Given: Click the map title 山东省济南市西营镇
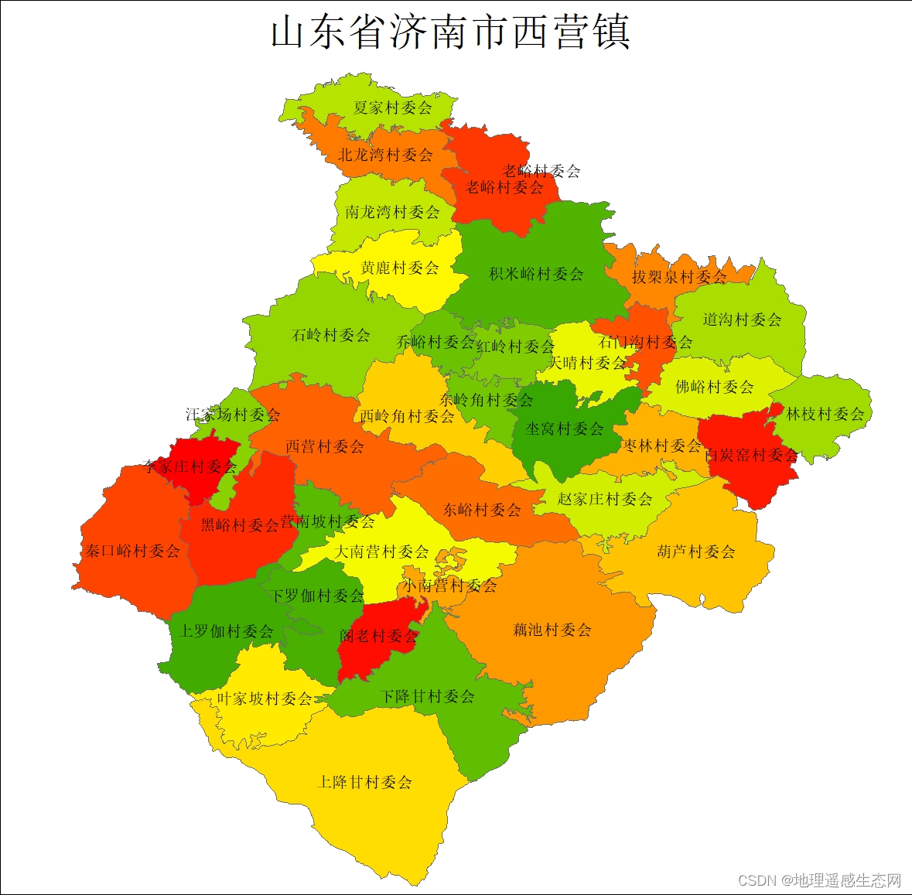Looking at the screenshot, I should click(x=450, y=32).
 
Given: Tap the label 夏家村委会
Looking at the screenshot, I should click(x=393, y=108).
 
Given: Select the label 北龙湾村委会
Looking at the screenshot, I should click(x=385, y=155).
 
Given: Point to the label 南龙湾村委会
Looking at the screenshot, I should click(x=392, y=211).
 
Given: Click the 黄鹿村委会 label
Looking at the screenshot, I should click(x=400, y=268).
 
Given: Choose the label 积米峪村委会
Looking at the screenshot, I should click(x=536, y=274).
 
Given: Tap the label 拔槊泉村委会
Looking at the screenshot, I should click(x=679, y=276).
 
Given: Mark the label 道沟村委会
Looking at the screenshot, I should click(x=742, y=319).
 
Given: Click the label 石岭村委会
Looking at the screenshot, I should click(x=331, y=335).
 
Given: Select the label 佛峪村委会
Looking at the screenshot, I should click(x=714, y=386).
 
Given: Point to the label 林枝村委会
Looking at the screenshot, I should click(x=825, y=414).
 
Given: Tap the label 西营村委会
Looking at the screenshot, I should click(x=324, y=446).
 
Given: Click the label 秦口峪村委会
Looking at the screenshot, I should click(x=132, y=551).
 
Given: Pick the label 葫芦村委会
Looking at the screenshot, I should click(x=696, y=552).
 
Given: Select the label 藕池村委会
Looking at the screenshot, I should click(x=552, y=630).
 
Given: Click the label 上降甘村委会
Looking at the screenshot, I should click(x=365, y=782).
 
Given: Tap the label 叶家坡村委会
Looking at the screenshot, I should click(x=265, y=699).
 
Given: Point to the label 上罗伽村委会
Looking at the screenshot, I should click(x=226, y=631).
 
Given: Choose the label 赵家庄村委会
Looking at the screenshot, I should click(x=605, y=499).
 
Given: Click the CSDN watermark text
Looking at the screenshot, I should click(x=819, y=880).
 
